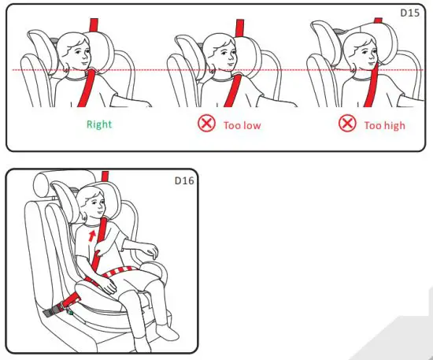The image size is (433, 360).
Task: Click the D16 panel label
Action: point(183,180)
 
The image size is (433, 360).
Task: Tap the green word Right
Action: point(99,124)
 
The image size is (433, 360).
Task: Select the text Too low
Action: point(243,124)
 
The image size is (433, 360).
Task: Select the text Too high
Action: point(384,124)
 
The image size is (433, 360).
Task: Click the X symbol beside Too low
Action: point(206,124)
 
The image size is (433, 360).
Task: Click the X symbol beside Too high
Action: point(346,124)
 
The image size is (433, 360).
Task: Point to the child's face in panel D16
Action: point(92,206)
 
